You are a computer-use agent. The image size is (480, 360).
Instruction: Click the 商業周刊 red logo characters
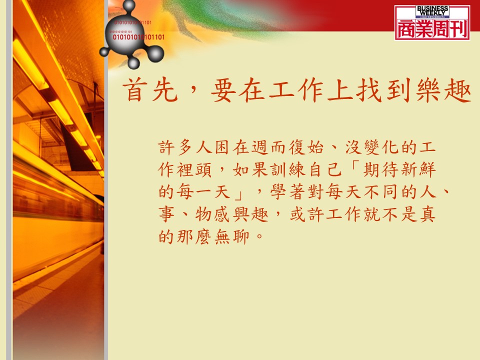click(432, 29)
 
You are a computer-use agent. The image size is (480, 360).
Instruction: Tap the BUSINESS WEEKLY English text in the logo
click(432, 11)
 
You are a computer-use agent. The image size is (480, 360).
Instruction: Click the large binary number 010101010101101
click(138, 37)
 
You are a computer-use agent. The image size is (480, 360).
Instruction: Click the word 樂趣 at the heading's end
click(443, 90)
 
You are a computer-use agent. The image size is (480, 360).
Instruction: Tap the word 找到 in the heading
click(384, 90)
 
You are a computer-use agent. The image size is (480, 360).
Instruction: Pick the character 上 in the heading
click(340, 90)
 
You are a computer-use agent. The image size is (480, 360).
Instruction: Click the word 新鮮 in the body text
click(417, 170)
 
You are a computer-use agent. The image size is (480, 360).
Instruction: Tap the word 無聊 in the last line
click(232, 236)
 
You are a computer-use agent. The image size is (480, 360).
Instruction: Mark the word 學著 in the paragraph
click(288, 192)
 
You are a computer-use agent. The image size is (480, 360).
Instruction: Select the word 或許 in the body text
click(306, 214)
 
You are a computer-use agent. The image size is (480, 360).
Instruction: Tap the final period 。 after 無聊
click(259, 236)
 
